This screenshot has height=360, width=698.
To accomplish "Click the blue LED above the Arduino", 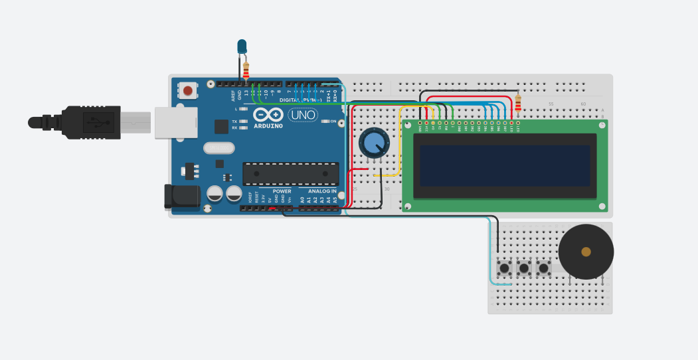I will [x=242, y=46].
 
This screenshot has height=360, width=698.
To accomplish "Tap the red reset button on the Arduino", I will [x=188, y=90].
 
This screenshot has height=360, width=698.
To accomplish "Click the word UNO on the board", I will [x=304, y=115].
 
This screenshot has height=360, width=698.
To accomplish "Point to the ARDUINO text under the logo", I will [x=268, y=126].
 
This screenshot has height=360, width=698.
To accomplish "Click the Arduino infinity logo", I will [x=268, y=114].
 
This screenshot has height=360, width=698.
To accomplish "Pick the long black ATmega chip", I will [x=291, y=173].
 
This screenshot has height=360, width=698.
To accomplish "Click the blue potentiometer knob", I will [x=373, y=142].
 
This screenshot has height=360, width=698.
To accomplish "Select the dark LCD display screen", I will [x=505, y=165].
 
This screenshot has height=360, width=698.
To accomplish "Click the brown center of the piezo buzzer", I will [x=586, y=252].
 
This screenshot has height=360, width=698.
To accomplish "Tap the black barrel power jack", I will [x=181, y=197].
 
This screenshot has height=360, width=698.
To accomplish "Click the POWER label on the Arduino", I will [x=282, y=191].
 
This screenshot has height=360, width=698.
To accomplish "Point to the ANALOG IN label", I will [x=321, y=191].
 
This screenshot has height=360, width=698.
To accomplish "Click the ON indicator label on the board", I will [x=333, y=122].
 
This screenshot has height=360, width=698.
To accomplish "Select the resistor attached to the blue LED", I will [x=246, y=69].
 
